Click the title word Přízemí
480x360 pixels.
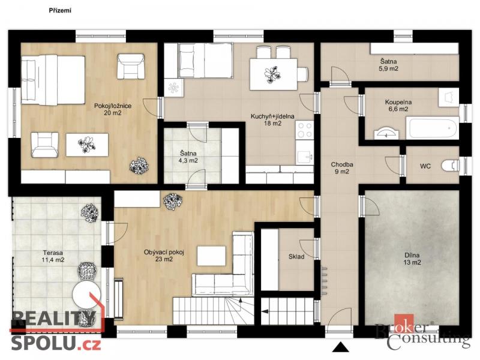(60, 10)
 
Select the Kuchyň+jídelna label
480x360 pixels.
(272, 119)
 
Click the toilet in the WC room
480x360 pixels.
(451, 166)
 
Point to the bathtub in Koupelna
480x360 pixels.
(433, 128)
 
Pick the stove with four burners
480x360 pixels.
(305, 130)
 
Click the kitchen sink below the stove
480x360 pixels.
(305, 157)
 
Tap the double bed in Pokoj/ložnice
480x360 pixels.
(53, 80)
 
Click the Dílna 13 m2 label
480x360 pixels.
(412, 259)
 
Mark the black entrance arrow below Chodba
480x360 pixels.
(340, 347)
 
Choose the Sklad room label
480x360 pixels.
(296, 257)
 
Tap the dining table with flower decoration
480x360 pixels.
(274, 74)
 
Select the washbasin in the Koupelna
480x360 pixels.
(386, 133)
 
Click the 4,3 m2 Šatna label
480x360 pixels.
(188, 157)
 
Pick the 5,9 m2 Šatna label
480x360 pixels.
(388, 65)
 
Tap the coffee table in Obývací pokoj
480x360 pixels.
(212, 256)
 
